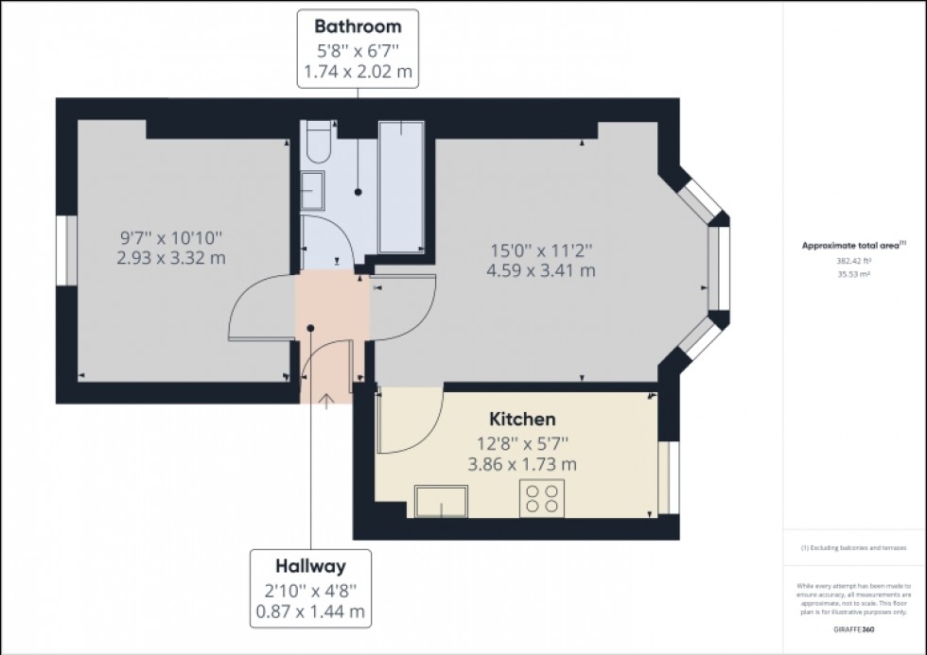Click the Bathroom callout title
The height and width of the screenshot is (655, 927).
click(x=358, y=26)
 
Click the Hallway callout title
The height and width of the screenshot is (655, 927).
click(x=310, y=567)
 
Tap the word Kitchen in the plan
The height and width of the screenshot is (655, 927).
click(x=521, y=419)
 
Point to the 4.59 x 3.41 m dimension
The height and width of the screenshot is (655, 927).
click(x=541, y=271)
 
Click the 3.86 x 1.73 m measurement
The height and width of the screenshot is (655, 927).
click(x=521, y=465)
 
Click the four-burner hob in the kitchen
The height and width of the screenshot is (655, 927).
click(x=542, y=497)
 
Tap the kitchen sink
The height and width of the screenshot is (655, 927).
click(x=441, y=500)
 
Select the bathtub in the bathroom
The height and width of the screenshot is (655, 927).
click(x=401, y=186)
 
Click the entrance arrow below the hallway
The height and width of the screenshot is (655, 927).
click(x=325, y=402)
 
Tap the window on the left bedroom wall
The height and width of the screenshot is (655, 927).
click(x=65, y=250)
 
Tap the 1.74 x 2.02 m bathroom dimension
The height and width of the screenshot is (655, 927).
click(x=358, y=71)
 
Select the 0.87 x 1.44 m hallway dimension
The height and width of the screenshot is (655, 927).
click(x=310, y=612)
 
